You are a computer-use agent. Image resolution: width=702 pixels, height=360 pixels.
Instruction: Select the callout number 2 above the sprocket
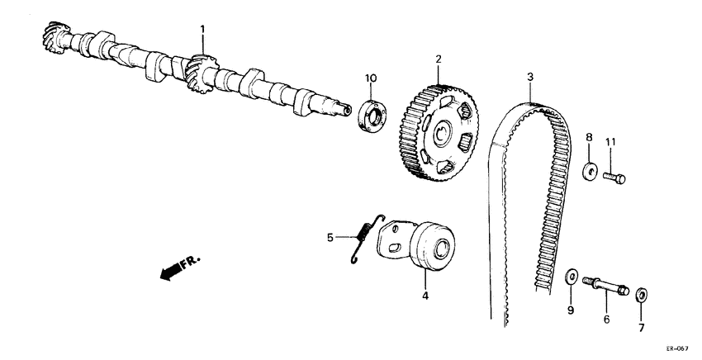[439, 59]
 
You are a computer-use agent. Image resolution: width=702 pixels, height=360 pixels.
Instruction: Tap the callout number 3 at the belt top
[529, 77]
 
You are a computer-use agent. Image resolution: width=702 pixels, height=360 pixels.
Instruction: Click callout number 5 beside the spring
[330, 239]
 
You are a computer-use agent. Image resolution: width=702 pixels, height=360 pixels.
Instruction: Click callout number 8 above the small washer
[590, 137]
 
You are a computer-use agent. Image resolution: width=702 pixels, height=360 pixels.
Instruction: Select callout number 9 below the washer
[569, 310]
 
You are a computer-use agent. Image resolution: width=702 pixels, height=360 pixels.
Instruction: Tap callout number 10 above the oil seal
[371, 78]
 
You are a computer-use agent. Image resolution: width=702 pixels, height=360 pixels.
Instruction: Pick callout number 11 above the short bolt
[611, 143]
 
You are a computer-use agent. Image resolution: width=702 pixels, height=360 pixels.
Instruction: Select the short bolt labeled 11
[614, 176]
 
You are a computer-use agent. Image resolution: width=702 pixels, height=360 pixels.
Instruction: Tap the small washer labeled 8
[590, 172]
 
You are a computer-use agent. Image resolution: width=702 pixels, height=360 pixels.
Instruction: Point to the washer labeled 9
[569, 276]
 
